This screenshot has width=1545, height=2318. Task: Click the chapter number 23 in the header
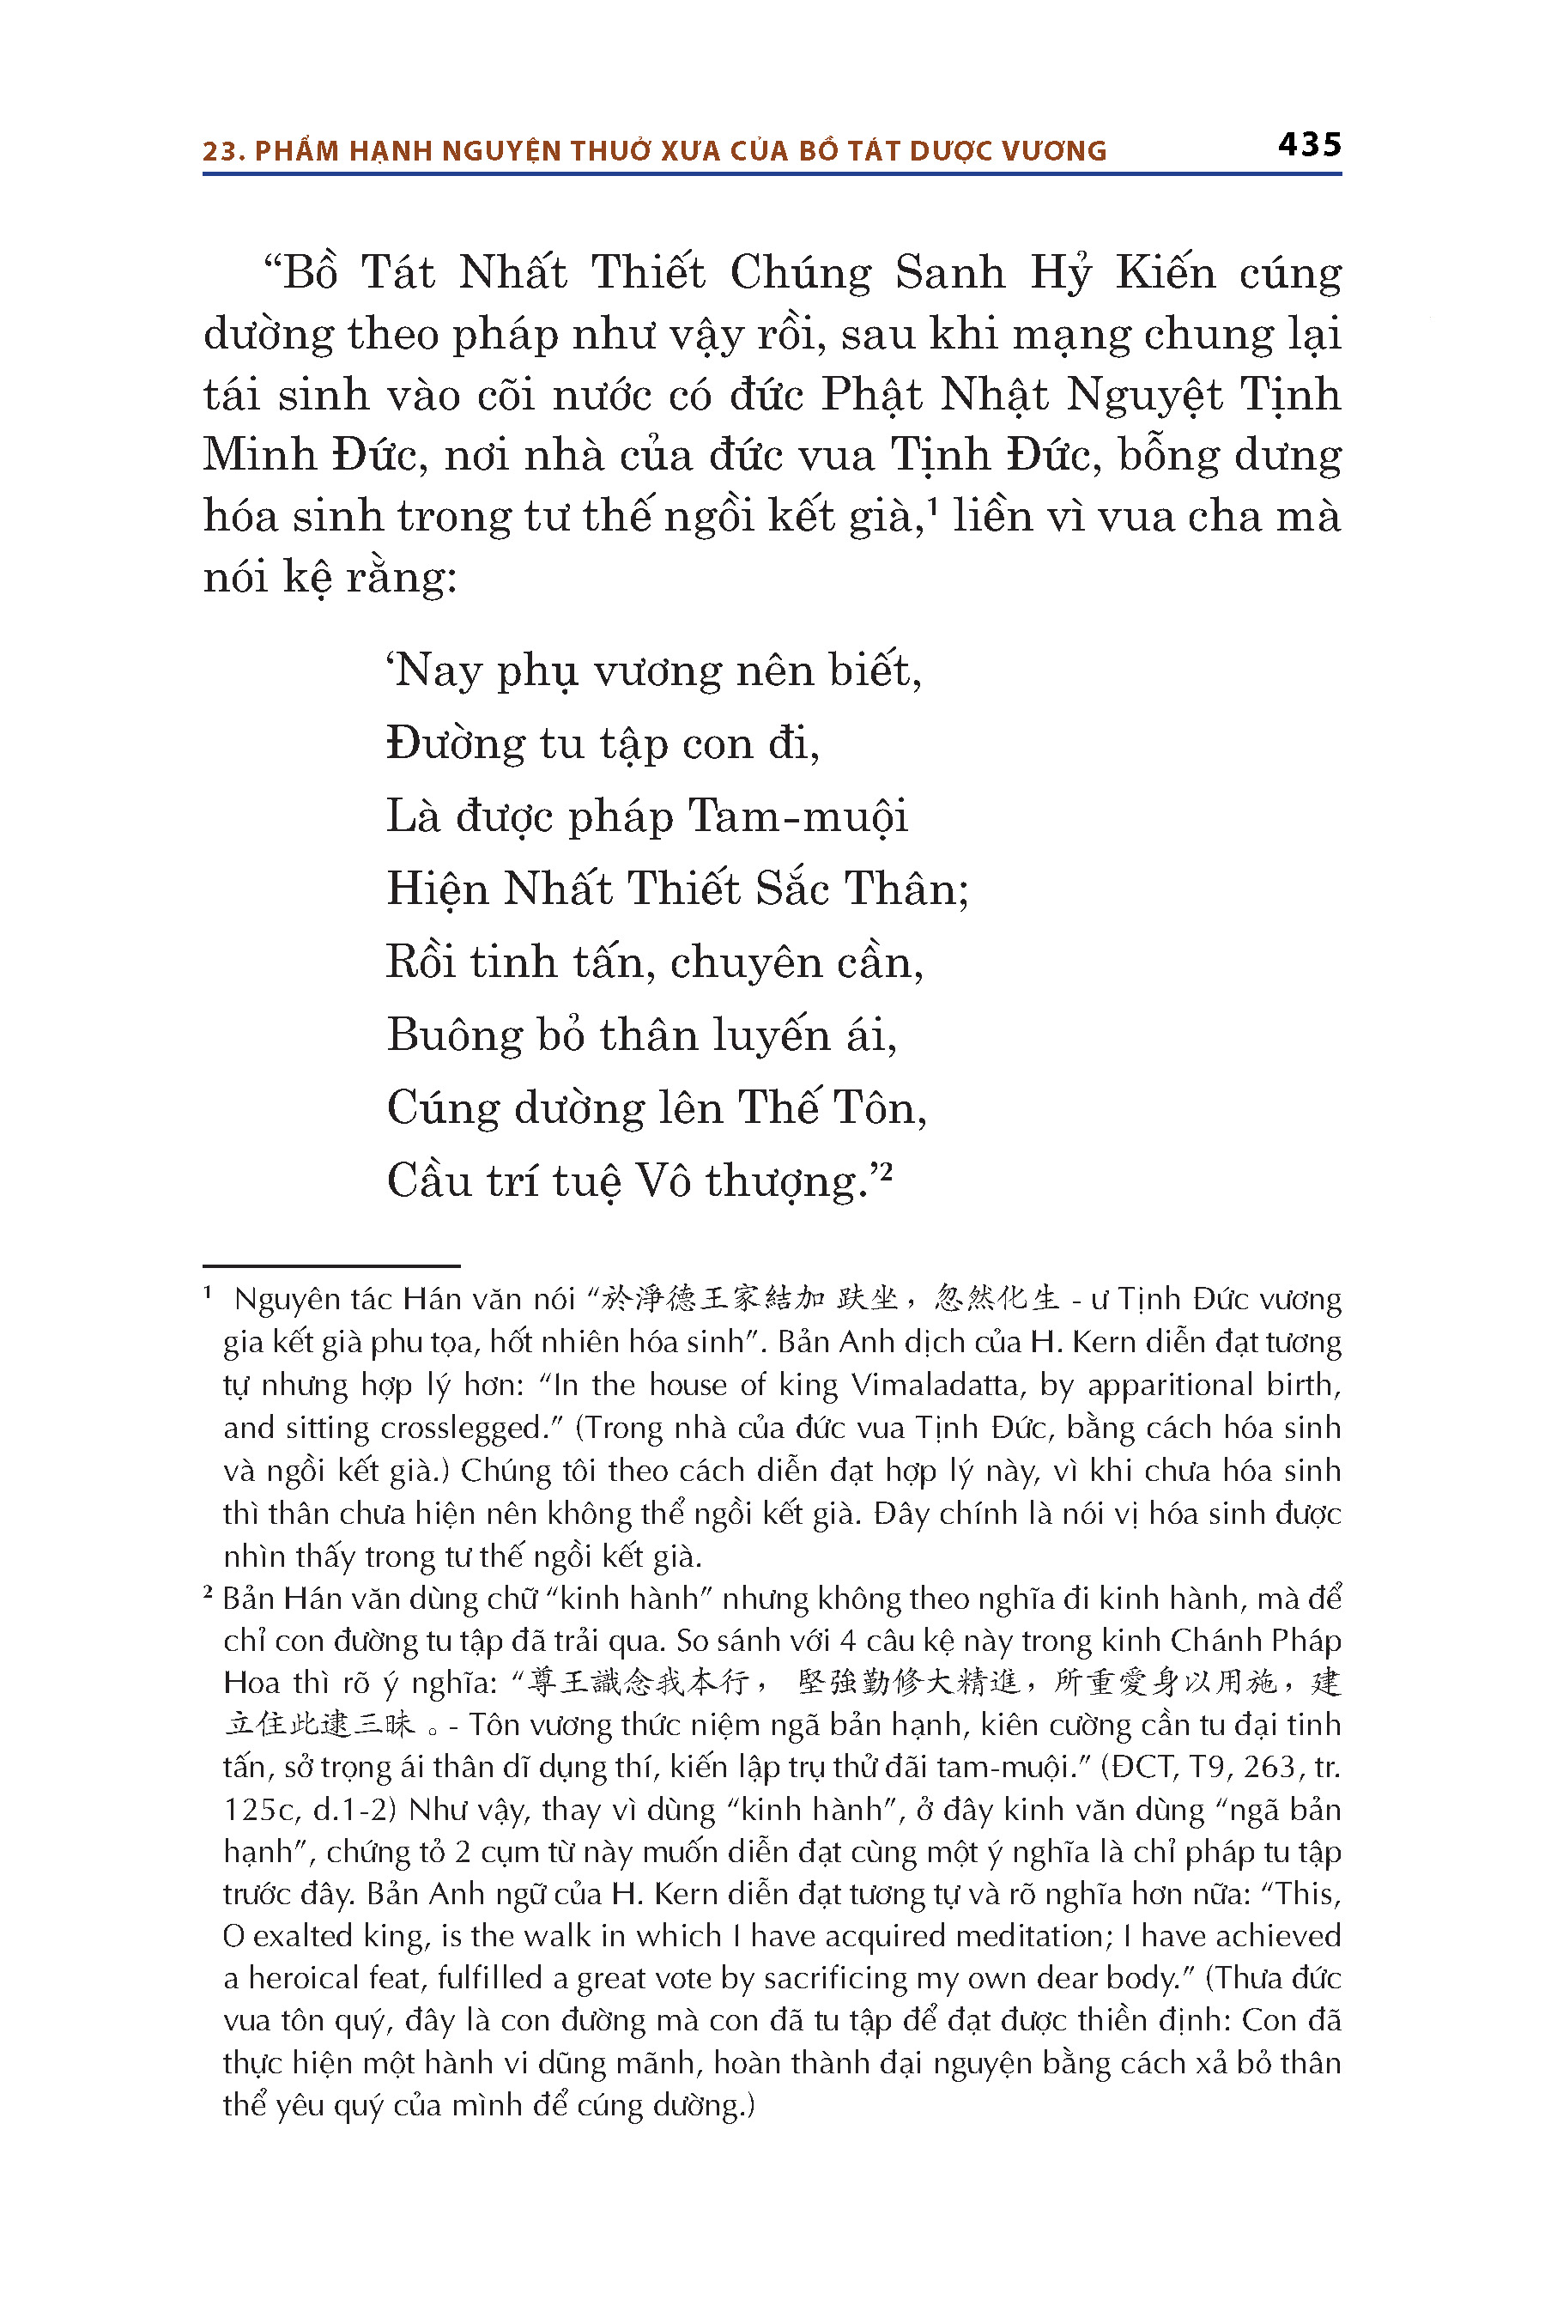tap(221, 151)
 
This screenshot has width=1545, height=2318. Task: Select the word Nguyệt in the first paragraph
tap(1144, 395)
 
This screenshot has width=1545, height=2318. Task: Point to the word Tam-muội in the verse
tap(797, 816)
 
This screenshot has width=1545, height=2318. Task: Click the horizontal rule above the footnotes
tap(331, 1265)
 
